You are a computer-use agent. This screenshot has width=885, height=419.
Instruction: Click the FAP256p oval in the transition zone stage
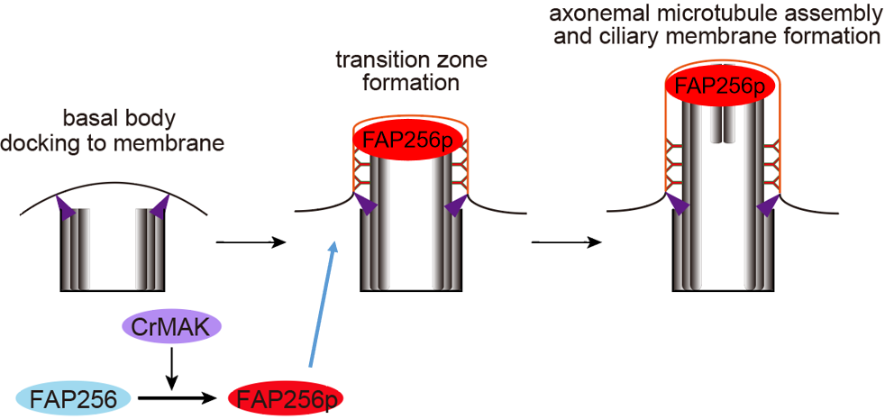(x=409, y=140)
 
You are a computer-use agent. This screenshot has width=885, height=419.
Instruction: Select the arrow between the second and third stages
(x=567, y=241)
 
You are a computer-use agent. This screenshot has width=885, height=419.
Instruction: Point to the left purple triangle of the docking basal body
(x=67, y=209)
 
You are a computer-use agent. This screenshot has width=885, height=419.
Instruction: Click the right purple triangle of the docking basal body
(x=159, y=209)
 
